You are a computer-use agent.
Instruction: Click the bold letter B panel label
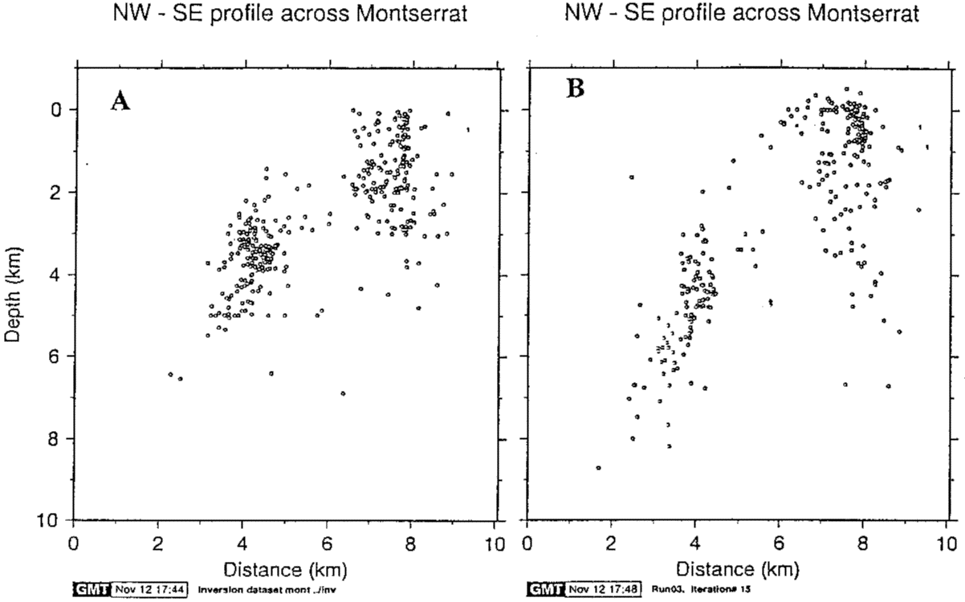(x=575, y=89)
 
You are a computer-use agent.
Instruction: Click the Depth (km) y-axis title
(x=14, y=293)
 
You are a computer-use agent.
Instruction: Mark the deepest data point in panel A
(x=343, y=393)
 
